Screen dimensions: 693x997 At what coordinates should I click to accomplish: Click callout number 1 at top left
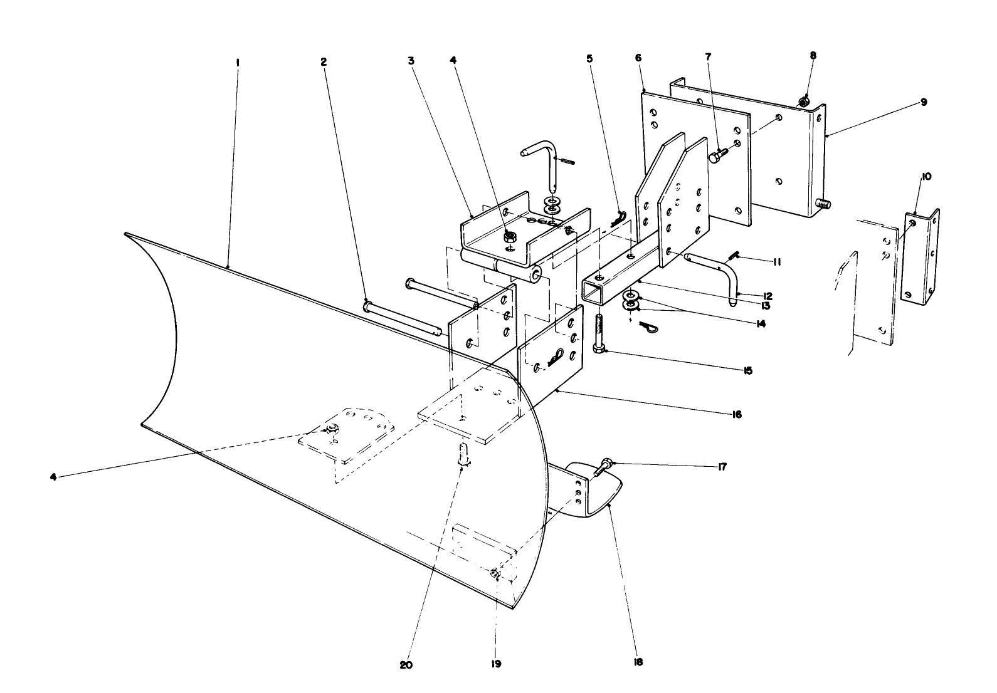[238, 63]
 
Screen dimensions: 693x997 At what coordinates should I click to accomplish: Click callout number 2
[324, 62]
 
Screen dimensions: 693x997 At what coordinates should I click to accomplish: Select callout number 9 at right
[924, 102]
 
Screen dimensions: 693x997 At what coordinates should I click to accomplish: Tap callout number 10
[927, 177]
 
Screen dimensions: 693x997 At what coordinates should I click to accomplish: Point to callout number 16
[736, 415]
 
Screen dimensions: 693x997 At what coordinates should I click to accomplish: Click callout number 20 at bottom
[406, 665]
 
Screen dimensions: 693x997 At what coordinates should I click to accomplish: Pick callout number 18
[638, 662]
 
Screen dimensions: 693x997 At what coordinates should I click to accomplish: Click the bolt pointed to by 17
[603, 467]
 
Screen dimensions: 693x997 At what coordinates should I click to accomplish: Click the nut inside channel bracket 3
[509, 237]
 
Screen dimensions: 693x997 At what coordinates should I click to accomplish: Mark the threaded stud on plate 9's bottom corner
[823, 204]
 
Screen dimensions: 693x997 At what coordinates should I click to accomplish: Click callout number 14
[761, 323]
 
